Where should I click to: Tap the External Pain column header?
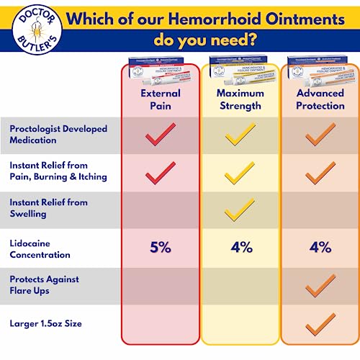tap(160, 99)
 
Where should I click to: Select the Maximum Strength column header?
tap(240, 99)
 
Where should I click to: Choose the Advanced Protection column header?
tap(320, 99)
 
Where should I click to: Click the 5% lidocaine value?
tap(160, 248)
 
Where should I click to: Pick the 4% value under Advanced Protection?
tap(320, 248)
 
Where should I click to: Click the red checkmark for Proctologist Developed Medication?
tap(160, 135)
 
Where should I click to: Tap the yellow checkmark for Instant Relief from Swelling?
tap(240, 210)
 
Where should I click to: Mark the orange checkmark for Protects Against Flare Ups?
tap(320, 286)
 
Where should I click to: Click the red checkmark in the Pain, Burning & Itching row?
tap(160, 172)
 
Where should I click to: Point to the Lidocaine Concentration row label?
tap(40, 248)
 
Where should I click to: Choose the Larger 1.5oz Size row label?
tap(46, 324)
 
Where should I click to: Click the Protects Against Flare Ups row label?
tap(45, 285)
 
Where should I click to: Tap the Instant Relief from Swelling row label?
tap(49, 208)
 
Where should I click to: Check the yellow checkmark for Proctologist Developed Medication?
tap(240, 135)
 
